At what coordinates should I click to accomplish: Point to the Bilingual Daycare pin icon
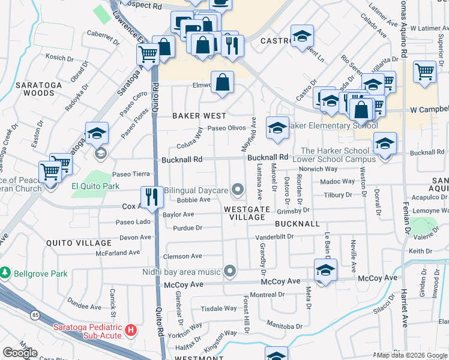(x=238, y=190)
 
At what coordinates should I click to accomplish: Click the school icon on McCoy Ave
(x=325, y=271)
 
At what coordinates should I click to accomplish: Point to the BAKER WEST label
(x=199, y=115)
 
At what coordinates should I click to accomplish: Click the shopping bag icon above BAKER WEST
(x=222, y=83)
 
